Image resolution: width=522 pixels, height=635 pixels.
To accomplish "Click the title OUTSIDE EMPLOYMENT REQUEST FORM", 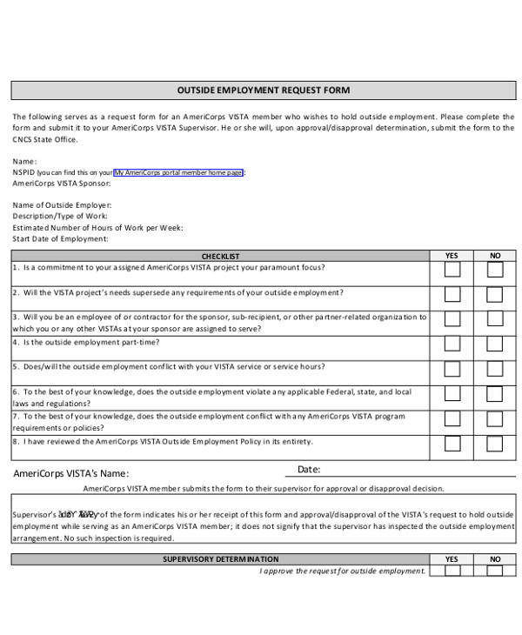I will click(264, 90).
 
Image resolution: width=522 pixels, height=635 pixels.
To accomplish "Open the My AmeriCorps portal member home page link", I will click(178, 172).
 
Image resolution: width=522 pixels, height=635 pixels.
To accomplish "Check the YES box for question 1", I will click(452, 270).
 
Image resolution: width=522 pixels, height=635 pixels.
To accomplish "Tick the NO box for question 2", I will click(495, 294).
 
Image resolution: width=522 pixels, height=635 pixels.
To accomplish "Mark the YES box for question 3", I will click(452, 319).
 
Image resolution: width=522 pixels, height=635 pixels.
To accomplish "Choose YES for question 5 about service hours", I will click(452, 368).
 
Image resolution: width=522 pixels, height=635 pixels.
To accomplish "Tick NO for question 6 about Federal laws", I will click(495, 393).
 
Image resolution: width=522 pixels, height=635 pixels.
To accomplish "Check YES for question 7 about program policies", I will click(452, 418).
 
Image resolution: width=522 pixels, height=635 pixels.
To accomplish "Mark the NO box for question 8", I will click(495, 443).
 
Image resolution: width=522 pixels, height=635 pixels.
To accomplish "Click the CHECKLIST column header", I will click(220, 257).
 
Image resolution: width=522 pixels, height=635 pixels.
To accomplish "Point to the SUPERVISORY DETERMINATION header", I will click(221, 559).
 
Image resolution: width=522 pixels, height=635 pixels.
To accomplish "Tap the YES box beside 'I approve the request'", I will click(452, 571).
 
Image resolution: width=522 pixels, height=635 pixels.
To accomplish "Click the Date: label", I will click(309, 470).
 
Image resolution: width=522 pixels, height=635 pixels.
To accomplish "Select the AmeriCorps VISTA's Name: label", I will click(71, 474).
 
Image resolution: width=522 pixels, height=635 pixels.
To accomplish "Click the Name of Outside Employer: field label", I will click(62, 205).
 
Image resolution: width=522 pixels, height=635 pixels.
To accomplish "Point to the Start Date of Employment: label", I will click(60, 238).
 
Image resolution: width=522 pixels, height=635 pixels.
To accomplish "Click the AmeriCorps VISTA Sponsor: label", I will click(62, 184).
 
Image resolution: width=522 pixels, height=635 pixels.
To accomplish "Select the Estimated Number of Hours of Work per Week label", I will click(97, 227).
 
